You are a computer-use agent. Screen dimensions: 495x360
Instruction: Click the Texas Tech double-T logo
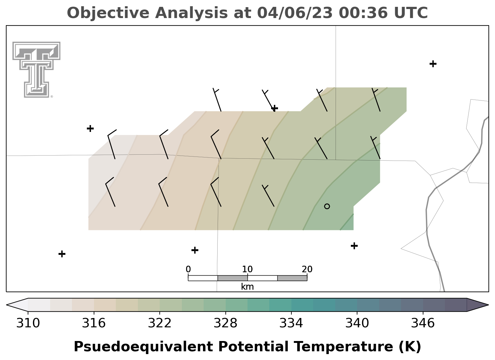36,70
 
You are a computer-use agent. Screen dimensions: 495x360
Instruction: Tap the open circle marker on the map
327,206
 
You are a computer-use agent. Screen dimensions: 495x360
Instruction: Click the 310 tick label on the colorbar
28,323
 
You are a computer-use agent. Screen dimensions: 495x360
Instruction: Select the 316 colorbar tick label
94,323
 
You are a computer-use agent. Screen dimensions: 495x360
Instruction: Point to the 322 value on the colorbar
159,323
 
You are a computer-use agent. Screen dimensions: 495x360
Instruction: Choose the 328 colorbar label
225,323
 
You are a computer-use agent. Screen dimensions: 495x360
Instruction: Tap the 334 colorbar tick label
291,323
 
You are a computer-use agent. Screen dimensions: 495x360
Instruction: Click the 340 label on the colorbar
357,323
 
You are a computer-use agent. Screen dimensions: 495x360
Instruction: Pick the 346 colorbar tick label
423,323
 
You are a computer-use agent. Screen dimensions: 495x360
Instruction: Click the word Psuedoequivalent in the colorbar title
144,347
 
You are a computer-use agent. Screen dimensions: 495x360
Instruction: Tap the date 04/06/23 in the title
295,13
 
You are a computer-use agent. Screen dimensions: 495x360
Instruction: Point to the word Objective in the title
108,13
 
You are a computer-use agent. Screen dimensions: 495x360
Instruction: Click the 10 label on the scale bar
247,269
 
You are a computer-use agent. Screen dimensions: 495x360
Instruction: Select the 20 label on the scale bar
307,269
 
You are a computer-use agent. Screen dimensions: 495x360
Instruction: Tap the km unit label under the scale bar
247,287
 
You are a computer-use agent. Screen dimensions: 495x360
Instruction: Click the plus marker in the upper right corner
433,64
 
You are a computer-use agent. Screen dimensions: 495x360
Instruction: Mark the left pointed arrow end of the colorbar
7,305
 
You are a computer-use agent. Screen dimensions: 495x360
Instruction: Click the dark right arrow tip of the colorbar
488,305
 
